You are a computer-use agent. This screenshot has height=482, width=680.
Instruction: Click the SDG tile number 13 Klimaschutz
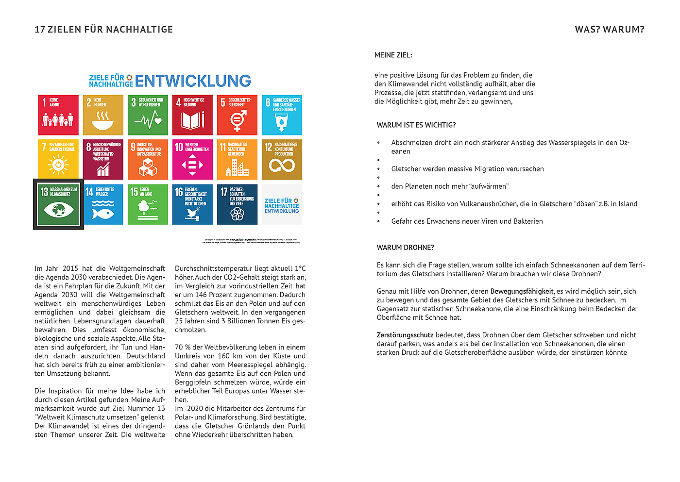click(x=58, y=204)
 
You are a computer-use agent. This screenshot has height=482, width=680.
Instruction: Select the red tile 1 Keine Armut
click(x=58, y=115)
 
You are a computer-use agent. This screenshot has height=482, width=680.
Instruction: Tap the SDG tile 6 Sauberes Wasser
click(x=282, y=115)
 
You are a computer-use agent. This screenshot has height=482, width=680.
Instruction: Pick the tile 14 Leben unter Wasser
click(x=103, y=204)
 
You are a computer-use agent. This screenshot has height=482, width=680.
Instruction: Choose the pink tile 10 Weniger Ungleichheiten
click(x=192, y=160)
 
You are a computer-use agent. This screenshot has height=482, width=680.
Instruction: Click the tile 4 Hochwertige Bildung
click(x=192, y=115)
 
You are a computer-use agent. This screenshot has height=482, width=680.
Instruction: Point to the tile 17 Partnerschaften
click(x=237, y=204)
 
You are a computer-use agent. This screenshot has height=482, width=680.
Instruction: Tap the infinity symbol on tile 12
click(x=282, y=166)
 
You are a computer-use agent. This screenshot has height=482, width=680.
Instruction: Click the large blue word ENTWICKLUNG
click(x=193, y=81)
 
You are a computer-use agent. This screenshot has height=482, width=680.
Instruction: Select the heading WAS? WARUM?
click(x=609, y=30)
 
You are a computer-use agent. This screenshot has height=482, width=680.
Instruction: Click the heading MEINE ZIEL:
click(x=393, y=55)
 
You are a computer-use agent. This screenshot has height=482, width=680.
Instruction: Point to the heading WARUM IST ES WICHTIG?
click(x=416, y=125)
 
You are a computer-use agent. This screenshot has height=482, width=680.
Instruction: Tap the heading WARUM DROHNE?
click(x=405, y=248)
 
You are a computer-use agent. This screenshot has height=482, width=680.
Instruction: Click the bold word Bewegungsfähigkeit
click(x=522, y=291)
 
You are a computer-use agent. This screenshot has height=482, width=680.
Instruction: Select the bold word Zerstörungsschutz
click(x=405, y=335)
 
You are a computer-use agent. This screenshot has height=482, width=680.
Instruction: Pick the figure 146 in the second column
click(x=201, y=295)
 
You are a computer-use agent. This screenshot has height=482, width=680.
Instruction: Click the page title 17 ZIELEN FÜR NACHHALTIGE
click(x=103, y=30)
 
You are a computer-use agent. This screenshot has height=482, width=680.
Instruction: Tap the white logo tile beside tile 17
click(x=282, y=204)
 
